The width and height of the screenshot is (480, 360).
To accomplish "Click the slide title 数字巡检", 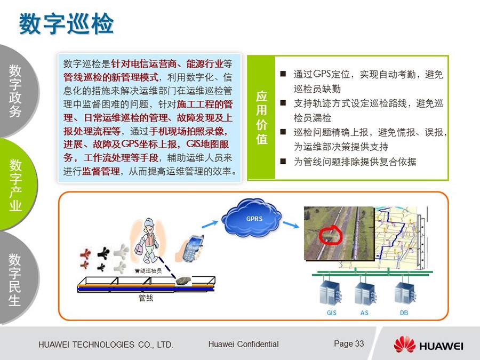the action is [66, 23].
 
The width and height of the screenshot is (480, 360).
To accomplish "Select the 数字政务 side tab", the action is [15, 91].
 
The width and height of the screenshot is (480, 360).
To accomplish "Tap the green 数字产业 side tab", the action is [15, 185].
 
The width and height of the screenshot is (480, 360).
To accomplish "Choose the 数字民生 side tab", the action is [15, 279].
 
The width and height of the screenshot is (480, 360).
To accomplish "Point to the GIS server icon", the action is [331, 292].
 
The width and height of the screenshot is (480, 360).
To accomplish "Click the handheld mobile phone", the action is [191, 248].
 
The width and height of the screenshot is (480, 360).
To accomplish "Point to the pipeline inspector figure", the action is [148, 241].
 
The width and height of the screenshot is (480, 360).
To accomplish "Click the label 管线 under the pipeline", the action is [146, 298].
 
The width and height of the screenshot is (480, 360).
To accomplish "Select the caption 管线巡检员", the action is [148, 271].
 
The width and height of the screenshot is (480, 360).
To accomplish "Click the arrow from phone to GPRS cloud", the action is [210, 224].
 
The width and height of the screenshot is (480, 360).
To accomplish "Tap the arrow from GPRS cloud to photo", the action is [291, 225].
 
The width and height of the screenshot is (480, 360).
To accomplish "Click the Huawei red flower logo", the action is [405, 345].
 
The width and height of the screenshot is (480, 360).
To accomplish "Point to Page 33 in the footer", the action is [349, 344].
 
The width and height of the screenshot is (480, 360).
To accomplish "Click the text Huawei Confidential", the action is [243, 344].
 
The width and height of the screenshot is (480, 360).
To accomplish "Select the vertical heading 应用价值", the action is [261, 117].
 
